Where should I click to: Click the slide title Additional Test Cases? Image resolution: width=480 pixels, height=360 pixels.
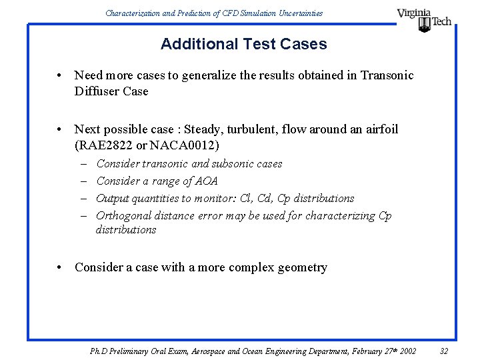[x=243, y=45]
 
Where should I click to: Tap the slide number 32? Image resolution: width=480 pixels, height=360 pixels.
[x=444, y=351]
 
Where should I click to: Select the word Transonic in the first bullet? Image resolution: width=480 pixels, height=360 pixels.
[x=387, y=75]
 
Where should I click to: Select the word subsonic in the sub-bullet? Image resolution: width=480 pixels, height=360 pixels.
[x=233, y=163]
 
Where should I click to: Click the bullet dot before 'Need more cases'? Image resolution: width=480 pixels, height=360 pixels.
[x=61, y=76]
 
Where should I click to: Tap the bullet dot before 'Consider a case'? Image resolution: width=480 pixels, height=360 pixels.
[x=61, y=268]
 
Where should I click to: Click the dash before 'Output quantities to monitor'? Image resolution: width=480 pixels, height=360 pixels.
[x=86, y=198]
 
